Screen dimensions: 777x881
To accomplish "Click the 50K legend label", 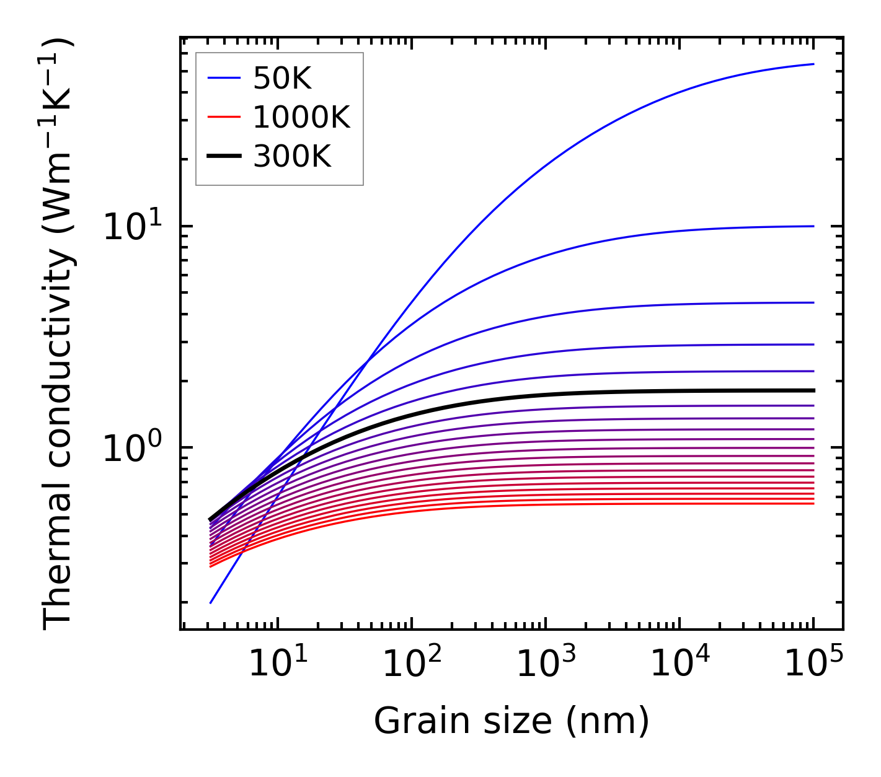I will coord(282,78).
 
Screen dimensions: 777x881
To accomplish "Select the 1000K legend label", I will coord(301,117).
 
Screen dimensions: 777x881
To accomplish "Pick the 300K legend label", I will coord(292,157).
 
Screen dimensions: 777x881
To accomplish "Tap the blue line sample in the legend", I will coord(223,78).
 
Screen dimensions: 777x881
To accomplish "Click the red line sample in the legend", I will coord(223,117).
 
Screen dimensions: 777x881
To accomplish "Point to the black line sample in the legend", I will coord(223,157).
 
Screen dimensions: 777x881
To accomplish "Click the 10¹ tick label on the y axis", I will coord(132,226).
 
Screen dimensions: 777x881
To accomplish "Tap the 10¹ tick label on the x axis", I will coord(277,664).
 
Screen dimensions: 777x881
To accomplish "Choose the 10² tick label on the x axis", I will coord(411,664).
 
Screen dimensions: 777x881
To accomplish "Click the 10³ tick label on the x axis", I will coord(545,664).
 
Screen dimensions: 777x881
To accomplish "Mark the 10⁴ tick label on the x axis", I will coord(679,664).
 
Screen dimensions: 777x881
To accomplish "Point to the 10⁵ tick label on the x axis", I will coord(813,664).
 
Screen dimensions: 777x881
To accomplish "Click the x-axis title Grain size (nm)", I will coord(511,721).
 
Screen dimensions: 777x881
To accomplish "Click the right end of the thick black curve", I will coord(813,390).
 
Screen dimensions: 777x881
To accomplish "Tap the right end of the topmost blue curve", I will coord(813,64).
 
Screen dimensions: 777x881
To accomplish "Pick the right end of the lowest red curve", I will coord(813,503).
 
